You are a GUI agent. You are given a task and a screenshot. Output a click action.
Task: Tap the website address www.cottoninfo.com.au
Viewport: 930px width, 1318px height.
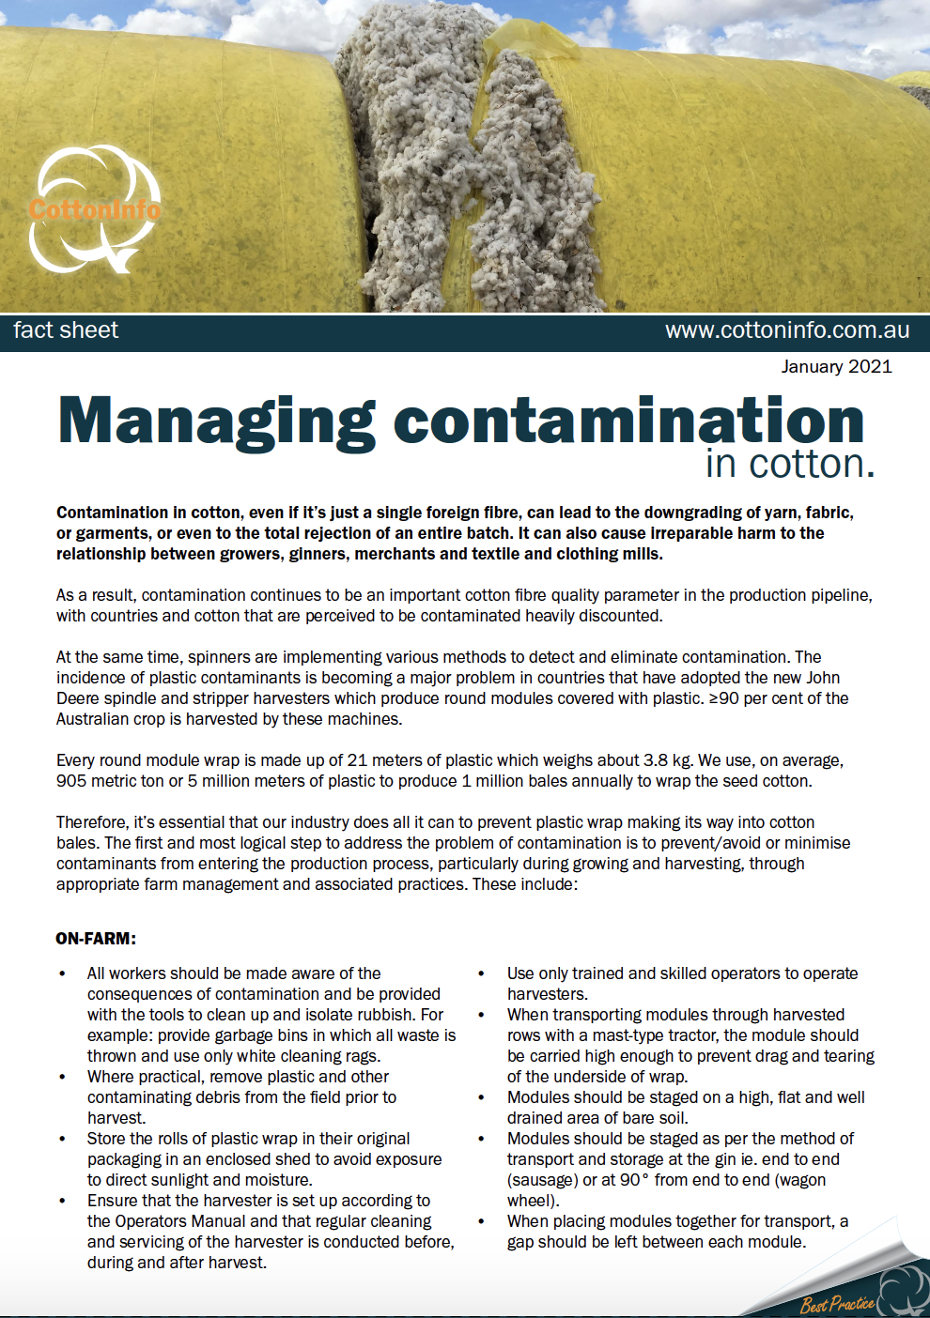click(786, 330)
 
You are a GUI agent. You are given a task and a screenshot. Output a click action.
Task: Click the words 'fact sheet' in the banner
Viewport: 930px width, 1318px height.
click(66, 330)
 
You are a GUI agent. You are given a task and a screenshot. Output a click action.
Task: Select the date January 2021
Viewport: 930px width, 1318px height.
click(836, 366)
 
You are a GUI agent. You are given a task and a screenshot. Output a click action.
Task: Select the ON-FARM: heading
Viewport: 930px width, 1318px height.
click(96, 939)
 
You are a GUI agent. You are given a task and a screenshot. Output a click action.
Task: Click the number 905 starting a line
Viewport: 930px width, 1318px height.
click(71, 781)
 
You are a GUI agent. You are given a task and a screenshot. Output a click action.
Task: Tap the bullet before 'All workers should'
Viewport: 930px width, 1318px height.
click(63, 974)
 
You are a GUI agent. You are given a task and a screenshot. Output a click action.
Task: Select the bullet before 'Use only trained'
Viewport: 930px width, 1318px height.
click(482, 974)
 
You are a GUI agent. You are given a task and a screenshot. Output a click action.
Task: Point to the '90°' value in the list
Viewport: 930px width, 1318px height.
click(634, 1180)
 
